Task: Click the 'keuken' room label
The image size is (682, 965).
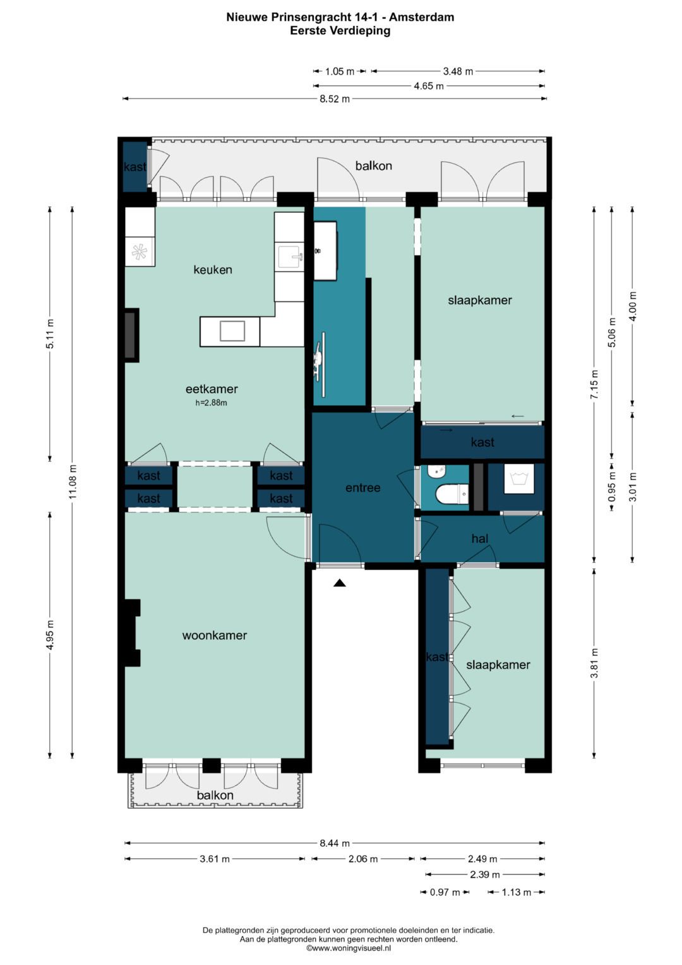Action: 213,270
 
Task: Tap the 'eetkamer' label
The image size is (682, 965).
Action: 212,389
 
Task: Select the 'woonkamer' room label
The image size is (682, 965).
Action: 215,636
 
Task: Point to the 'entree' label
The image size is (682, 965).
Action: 363,488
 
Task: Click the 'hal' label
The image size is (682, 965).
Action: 480,538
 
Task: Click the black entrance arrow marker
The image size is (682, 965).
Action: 340,583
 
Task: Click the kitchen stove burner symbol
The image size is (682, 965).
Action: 140,252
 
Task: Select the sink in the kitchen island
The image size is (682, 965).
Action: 232,331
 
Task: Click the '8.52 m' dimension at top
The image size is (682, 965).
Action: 335,99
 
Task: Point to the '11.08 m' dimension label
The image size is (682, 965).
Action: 73,481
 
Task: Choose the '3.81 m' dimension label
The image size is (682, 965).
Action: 594,663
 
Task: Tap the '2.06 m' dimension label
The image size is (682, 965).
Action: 363,859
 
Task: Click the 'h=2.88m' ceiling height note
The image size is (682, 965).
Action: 211,403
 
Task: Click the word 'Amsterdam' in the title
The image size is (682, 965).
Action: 422,17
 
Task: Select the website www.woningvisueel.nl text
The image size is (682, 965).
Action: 349,947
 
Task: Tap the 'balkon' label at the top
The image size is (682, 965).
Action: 373,166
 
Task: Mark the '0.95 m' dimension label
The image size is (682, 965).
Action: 612,488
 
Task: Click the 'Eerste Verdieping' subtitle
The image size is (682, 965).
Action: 340,30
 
